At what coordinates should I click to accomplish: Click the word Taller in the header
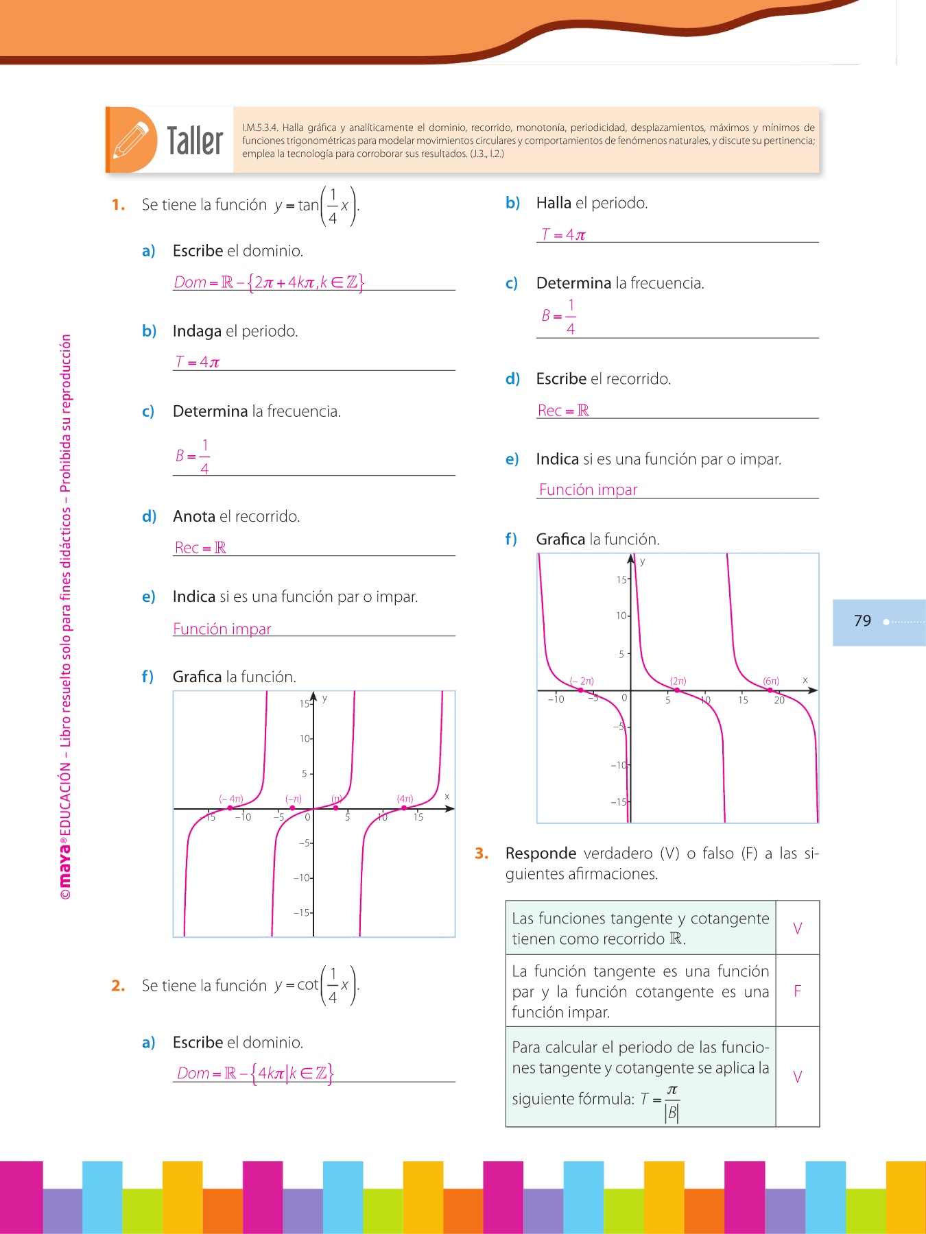click(195, 141)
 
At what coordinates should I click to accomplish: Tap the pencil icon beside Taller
click(131, 140)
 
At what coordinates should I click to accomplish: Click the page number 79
click(862, 621)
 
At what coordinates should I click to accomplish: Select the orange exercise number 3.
click(482, 854)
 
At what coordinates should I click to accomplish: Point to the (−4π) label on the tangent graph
click(231, 799)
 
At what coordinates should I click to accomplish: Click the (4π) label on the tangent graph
click(405, 799)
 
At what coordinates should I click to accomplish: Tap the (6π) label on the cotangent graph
click(771, 681)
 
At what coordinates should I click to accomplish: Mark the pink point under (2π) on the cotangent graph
click(677, 690)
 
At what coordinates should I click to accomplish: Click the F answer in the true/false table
click(797, 991)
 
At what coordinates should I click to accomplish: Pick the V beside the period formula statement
click(797, 1076)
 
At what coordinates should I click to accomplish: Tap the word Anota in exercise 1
click(194, 516)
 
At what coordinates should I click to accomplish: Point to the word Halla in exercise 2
click(554, 203)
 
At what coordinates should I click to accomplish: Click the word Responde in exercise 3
click(541, 854)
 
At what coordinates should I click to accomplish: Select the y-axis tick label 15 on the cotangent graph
click(621, 580)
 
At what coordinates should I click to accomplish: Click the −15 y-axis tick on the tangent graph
click(302, 912)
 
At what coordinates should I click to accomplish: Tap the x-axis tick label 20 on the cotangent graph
click(779, 701)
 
